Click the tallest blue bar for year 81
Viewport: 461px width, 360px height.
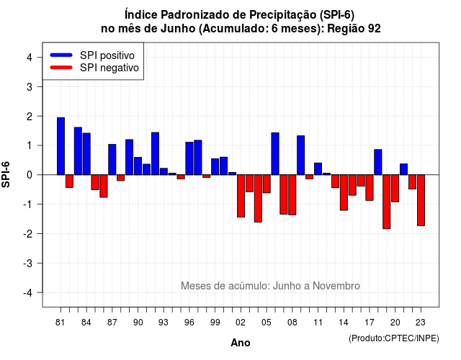tap(61, 146)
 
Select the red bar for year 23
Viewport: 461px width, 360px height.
tap(421, 200)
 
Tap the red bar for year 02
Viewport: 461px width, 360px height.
tap(241, 196)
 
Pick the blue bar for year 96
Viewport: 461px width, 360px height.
tap(189, 158)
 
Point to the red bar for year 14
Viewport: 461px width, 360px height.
tap(344, 192)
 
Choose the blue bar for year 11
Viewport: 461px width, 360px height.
tap(318, 168)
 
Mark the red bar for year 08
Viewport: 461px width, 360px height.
tap(292, 195)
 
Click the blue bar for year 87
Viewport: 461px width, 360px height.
tap(112, 160)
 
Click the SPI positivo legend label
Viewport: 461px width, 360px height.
tap(107, 55)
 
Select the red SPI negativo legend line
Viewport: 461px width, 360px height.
tap(61, 68)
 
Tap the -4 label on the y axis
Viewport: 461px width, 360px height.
tap(28, 293)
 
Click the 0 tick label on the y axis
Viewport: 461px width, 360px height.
tap(30, 175)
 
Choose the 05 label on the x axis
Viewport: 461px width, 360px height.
tap(267, 323)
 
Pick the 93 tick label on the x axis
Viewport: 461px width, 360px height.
tap(164, 323)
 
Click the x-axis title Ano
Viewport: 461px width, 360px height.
tap(241, 343)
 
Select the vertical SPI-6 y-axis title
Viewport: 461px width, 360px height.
tap(6, 174)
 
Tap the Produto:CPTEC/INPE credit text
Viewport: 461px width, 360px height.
tap(394, 338)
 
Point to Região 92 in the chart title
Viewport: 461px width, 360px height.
tap(354, 29)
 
